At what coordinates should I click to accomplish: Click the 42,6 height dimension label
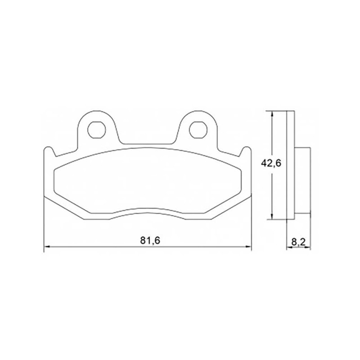click(271, 163)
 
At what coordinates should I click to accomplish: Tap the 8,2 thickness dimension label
click(298, 242)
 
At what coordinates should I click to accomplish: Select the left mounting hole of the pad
click(97, 130)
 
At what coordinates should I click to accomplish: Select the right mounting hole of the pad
click(198, 130)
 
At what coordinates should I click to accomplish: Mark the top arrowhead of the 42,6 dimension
click(272, 114)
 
